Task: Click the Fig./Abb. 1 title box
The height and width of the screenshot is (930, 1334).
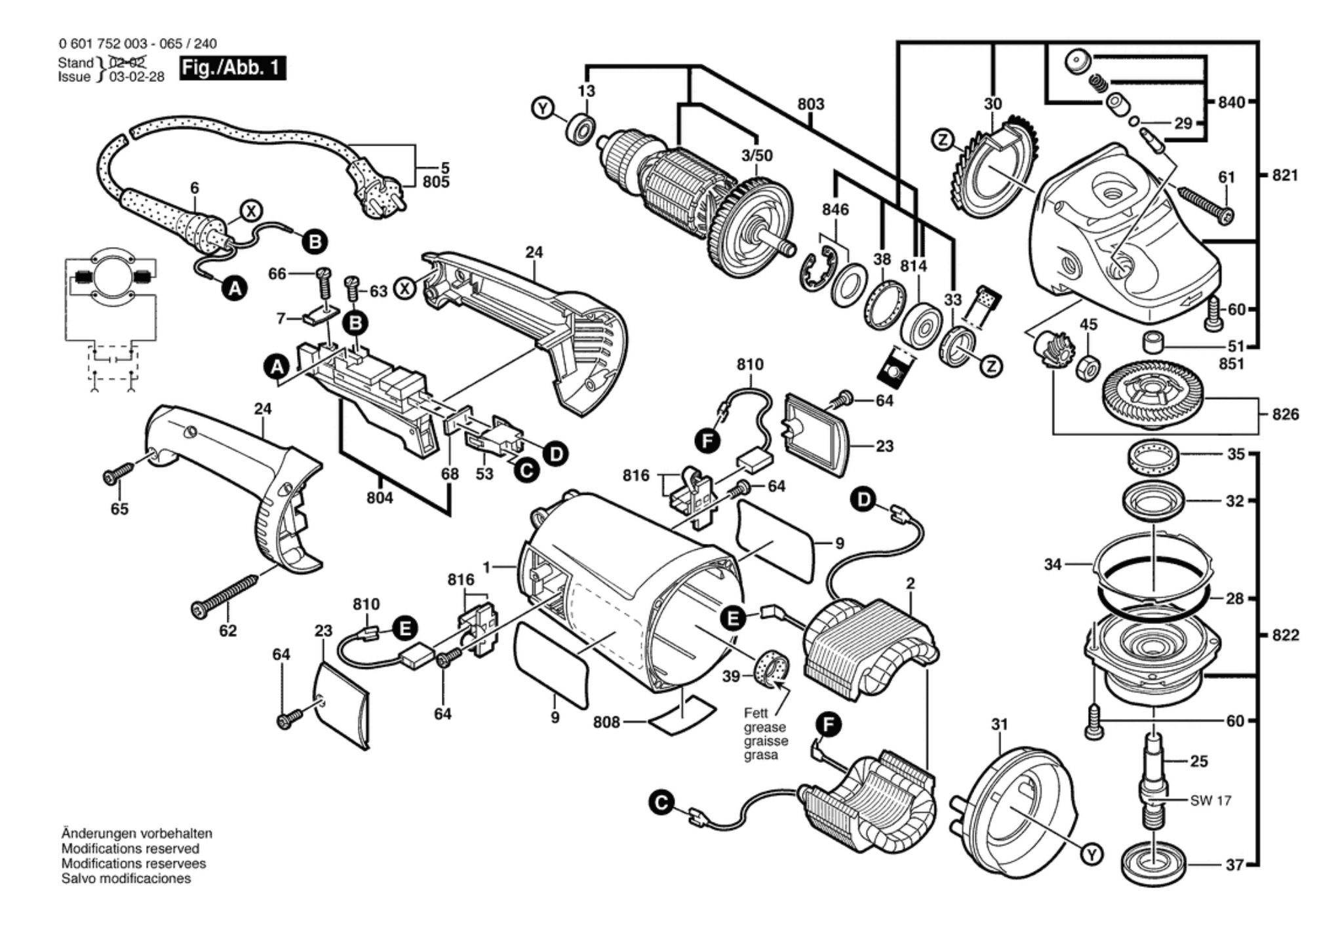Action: tap(233, 68)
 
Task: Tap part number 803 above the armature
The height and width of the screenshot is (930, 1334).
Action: tap(811, 104)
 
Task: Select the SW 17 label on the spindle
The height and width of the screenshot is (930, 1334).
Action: tap(1211, 800)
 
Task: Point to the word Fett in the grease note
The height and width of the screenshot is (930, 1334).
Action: tap(755, 712)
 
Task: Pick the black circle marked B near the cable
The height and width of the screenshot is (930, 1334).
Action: tap(315, 242)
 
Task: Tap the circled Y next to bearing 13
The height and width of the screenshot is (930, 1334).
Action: tap(543, 108)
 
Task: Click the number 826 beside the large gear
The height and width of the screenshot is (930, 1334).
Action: tap(1285, 414)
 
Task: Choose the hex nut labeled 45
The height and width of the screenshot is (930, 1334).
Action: tap(1089, 370)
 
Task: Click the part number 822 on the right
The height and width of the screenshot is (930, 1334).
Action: tap(1285, 635)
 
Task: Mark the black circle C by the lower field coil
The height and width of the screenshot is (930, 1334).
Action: tap(662, 804)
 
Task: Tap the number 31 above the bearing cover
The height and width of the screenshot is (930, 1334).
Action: tap(999, 725)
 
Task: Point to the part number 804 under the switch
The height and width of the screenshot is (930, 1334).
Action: tap(380, 498)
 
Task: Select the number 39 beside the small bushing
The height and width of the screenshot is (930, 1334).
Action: tap(731, 676)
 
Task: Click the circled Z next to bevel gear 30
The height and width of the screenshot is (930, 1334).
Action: tap(943, 140)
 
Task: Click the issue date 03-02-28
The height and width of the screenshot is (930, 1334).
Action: tap(137, 77)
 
